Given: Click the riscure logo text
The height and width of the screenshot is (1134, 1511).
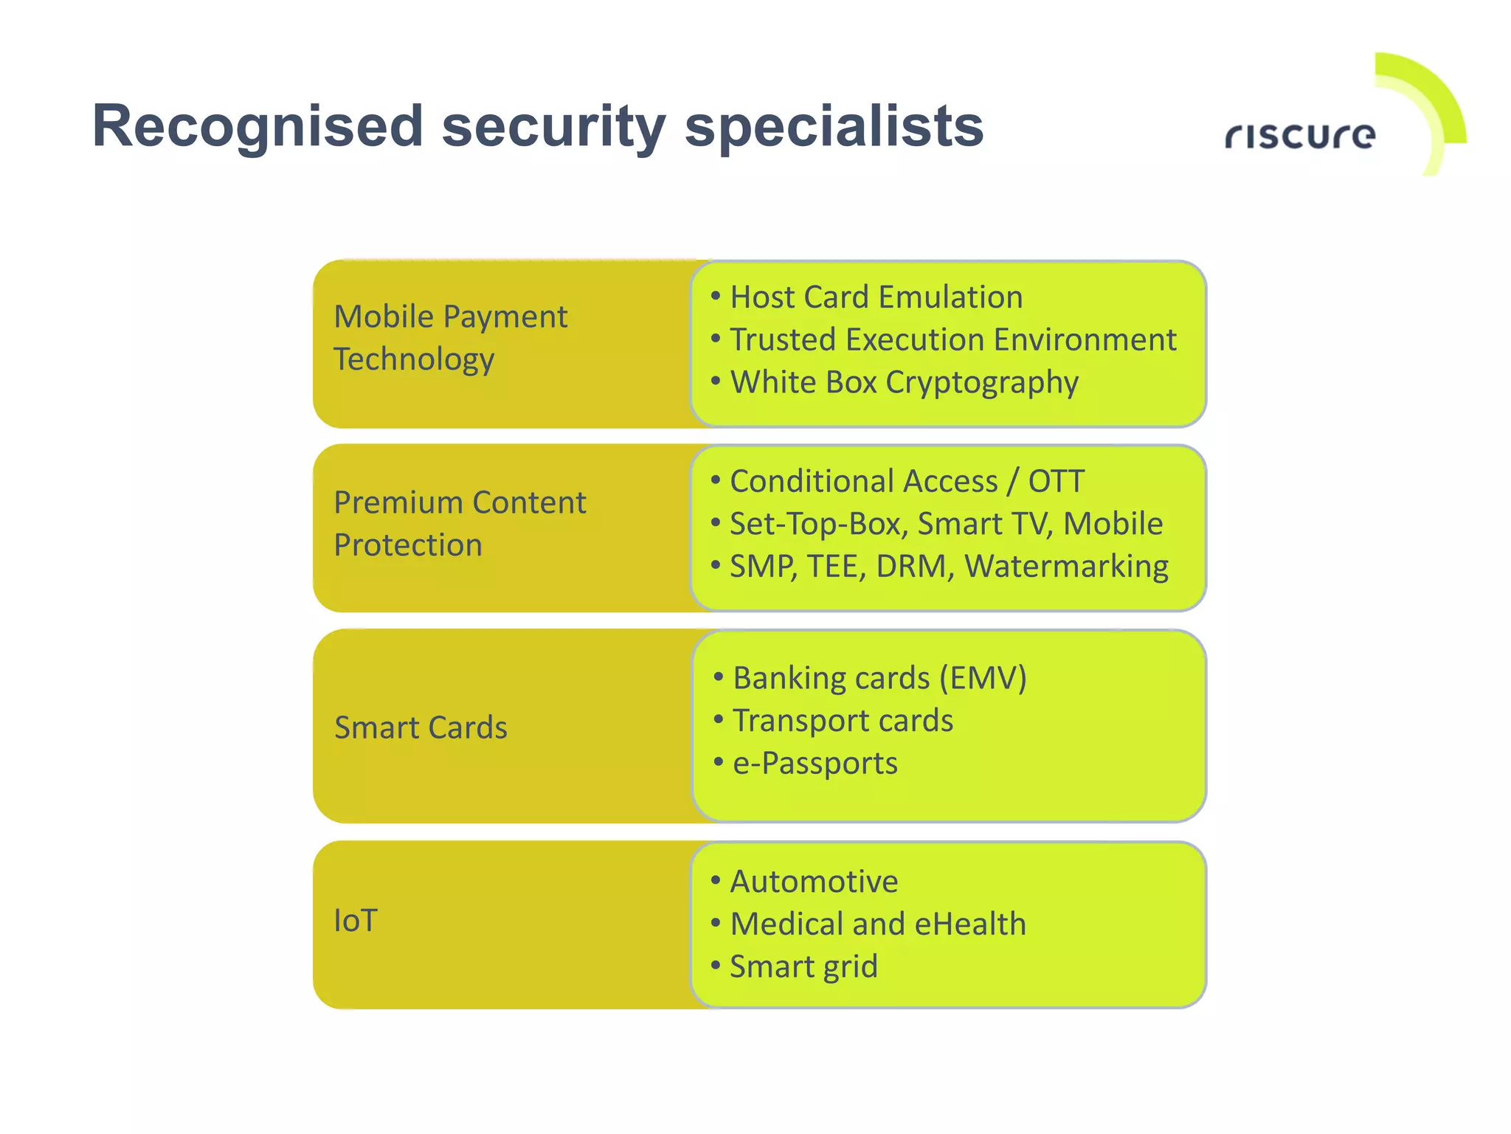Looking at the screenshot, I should (x=1300, y=136).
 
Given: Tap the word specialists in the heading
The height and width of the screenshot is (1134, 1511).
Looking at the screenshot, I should (x=834, y=127).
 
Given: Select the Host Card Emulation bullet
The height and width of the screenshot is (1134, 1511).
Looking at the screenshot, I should (x=876, y=297).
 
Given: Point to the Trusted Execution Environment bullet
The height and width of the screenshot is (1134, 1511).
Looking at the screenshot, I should (x=952, y=340).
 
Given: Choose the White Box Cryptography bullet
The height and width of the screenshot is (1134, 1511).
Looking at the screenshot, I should (x=904, y=383).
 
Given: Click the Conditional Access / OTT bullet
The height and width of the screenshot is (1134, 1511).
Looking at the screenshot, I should (x=907, y=482).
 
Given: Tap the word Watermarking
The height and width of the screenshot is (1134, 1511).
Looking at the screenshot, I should (x=1066, y=567).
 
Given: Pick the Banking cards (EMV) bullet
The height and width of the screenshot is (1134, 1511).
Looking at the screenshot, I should (x=879, y=678).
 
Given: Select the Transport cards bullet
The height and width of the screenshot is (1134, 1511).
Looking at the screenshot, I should (x=843, y=721).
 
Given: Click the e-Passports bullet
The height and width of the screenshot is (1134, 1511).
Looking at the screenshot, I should (x=815, y=764).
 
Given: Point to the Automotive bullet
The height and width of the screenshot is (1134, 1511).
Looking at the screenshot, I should (x=814, y=882).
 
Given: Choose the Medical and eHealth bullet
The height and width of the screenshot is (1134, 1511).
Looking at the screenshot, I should (x=878, y=924).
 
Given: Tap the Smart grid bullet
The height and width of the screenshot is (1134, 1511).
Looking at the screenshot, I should (x=803, y=967).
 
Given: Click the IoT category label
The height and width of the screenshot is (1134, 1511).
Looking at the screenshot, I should (x=356, y=921).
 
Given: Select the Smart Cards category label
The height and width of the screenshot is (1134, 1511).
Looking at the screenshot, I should (x=421, y=727).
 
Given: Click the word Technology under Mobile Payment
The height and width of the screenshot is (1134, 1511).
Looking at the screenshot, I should (x=414, y=360).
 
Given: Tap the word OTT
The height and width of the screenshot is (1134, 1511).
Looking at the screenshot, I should (x=1056, y=482).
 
